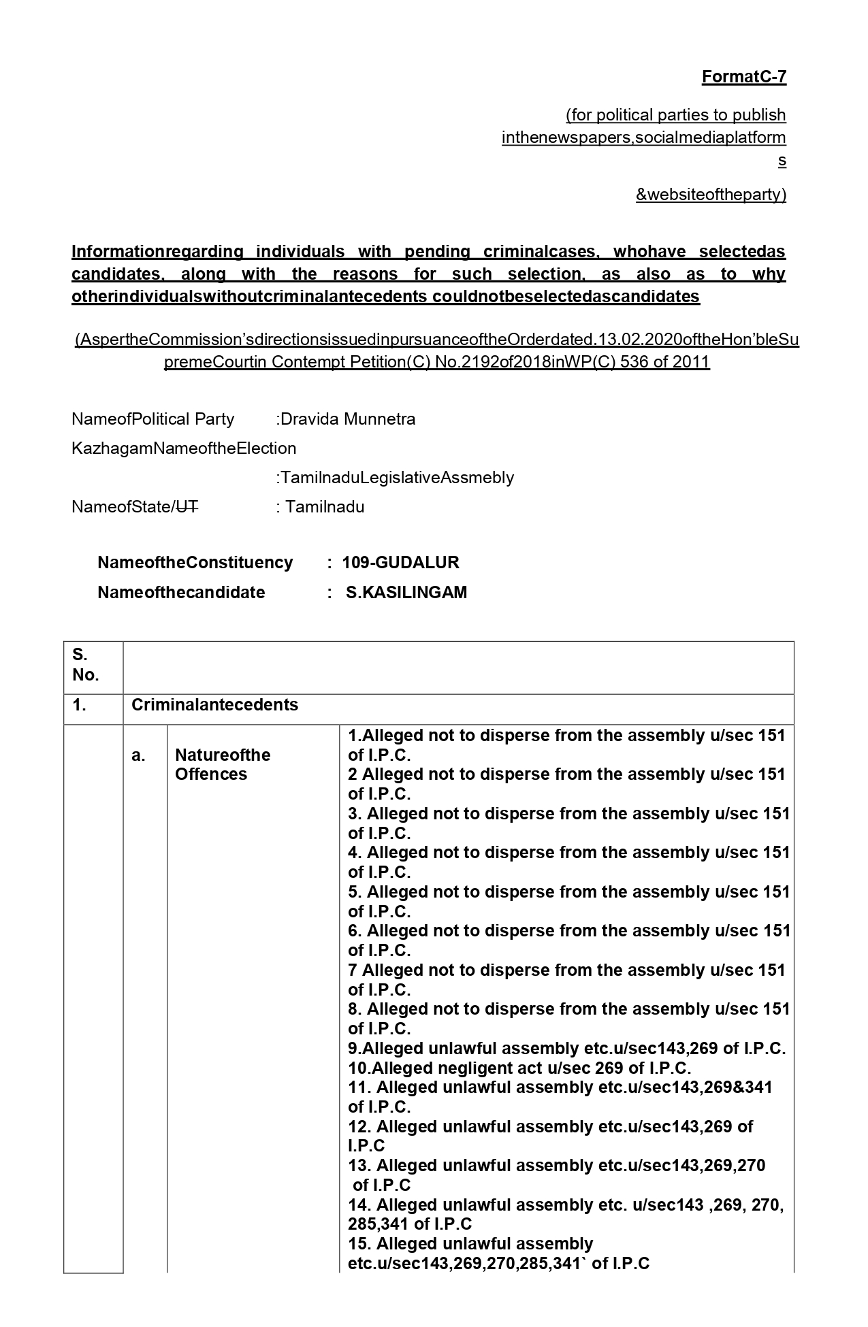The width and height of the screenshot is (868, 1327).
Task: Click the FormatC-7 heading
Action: coord(743,77)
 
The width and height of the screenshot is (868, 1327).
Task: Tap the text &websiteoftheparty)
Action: coord(711,195)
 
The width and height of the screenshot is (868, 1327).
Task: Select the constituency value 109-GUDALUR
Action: coord(400,563)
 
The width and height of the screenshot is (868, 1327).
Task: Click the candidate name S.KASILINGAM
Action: coord(406,593)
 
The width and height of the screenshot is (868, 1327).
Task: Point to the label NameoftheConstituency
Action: coord(195,563)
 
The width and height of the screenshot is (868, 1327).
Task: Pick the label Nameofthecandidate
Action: coord(181,593)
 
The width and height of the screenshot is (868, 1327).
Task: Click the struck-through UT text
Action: coord(187,507)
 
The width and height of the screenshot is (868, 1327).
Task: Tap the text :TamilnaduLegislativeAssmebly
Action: coord(395,478)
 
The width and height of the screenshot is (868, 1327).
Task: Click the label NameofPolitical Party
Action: coord(152,419)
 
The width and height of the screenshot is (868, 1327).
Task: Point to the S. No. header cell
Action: coord(86,665)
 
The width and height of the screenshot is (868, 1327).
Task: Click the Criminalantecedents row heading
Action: coord(214,705)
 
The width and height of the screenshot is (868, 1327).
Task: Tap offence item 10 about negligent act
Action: coord(519,1068)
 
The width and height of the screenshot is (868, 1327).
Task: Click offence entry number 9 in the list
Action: coord(566,1048)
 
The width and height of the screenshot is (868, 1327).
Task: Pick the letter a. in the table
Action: coord(138,755)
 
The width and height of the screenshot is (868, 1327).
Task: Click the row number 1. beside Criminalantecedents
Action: coord(80,705)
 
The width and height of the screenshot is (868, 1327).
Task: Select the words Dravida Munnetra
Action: coord(348,419)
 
